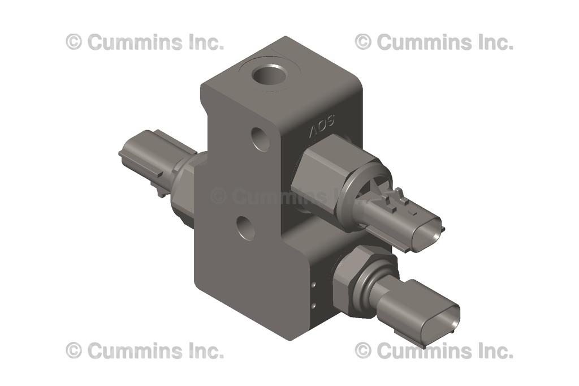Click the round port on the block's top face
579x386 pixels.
point(270,74)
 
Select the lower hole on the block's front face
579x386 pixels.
point(245,228)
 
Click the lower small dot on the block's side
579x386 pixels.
point(313,306)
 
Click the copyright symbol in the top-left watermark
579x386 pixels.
point(74,42)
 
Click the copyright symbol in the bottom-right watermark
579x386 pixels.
point(363,351)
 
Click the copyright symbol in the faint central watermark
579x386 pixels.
point(219,196)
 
